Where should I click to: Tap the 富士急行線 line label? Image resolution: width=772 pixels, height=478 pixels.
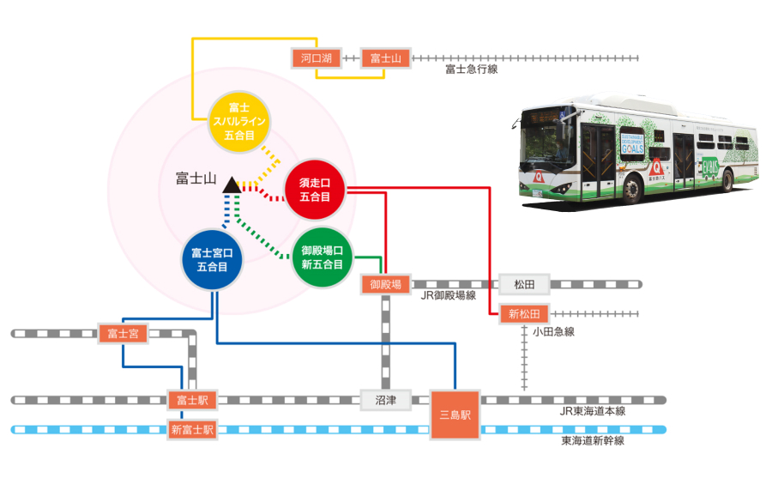tap(471, 70)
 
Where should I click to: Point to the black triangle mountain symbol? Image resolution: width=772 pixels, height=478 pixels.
tap(231, 184)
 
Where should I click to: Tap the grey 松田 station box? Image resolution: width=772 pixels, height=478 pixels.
tap(523, 284)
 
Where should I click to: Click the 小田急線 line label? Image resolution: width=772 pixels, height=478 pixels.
tap(552, 331)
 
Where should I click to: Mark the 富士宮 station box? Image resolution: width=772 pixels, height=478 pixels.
tap(124, 333)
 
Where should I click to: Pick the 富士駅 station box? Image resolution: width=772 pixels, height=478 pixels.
tap(192, 400)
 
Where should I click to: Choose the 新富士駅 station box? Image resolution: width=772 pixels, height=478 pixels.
tap(192, 429)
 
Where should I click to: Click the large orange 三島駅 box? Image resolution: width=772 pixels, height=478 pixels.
tap(455, 414)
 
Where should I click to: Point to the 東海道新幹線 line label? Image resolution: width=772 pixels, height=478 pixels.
tap(593, 440)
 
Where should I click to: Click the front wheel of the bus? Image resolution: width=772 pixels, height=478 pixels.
tap(631, 188)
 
